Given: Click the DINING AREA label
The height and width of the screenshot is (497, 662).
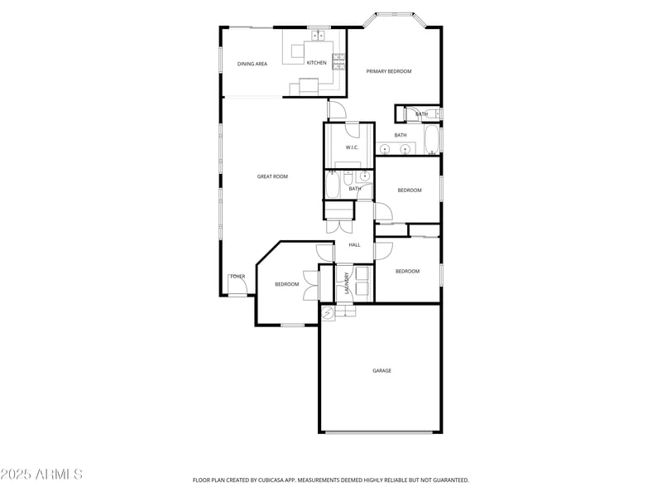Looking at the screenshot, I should click(252, 64).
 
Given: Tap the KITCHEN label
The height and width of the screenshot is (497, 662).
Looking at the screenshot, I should click(317, 63).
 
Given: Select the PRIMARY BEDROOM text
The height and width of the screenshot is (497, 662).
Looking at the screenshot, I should click(389, 71).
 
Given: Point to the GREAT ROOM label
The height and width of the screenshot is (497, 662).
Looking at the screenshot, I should click(272, 176).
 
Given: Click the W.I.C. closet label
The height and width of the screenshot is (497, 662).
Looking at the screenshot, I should click(352, 148).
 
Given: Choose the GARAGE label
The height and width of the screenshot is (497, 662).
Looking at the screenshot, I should click(381, 370).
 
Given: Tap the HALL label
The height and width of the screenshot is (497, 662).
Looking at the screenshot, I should click(354, 244).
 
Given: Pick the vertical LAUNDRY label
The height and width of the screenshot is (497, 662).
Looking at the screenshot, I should click(347, 284).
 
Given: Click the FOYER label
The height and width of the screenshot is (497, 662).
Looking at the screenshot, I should click(237, 277).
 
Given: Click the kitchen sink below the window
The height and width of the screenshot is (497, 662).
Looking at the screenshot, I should click(317, 36).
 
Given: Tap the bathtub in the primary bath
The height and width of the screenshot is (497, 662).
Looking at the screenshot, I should click(431, 140).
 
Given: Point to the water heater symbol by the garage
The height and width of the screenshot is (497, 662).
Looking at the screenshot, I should click(328, 312).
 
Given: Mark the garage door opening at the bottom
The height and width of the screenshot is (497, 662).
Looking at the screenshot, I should click(381, 432).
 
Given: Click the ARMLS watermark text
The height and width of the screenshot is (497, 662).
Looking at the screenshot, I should click(41, 475).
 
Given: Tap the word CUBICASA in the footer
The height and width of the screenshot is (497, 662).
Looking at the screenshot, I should click(265, 480).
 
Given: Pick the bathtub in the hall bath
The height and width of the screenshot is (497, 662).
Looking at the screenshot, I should click(332, 185).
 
